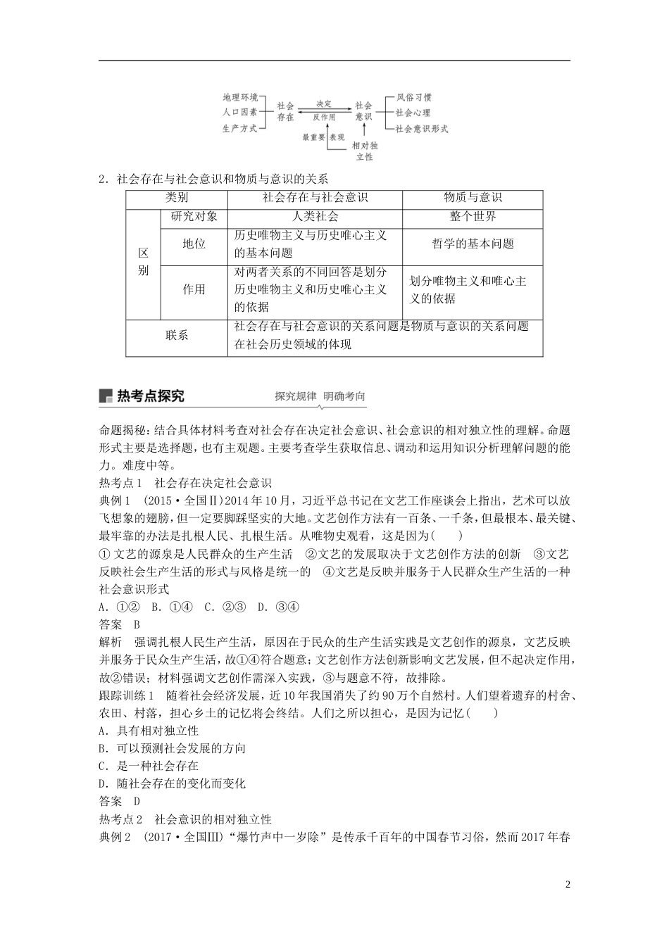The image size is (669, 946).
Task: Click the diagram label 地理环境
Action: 239,97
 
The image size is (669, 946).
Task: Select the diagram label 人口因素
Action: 239,113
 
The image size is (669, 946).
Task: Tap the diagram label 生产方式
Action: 239,129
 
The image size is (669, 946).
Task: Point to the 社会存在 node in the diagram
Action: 285,111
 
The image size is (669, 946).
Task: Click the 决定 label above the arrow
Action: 324,103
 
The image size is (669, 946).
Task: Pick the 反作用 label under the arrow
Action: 324,118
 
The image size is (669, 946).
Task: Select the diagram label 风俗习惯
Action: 413,97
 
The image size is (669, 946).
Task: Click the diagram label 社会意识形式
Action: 421,129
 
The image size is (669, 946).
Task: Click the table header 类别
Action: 177,198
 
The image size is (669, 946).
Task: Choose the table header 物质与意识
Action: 473,198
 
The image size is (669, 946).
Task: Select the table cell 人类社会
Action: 315,217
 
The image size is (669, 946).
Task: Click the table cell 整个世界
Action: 473,217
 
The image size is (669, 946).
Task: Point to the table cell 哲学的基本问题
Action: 473,244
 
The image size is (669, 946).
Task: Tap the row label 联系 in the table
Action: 177,336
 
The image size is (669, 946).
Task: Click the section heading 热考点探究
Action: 150,396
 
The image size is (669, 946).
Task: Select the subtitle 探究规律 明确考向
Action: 320,396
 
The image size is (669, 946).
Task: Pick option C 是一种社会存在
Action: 149,766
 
